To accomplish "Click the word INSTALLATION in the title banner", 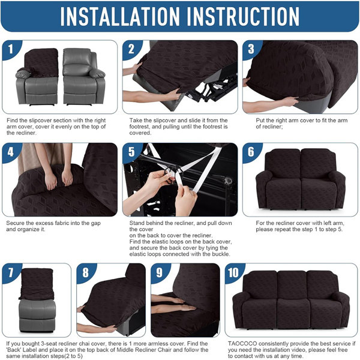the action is click(x=120, y=16).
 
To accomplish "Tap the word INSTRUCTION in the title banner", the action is click(x=244, y=16).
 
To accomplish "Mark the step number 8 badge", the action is click(x=86, y=273).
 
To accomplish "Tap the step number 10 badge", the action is click(x=235, y=273).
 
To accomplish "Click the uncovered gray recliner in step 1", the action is click(x=83, y=76).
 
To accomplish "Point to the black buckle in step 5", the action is click(x=170, y=175).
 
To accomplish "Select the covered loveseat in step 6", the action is click(x=301, y=179).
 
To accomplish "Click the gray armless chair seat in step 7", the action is click(x=37, y=316).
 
